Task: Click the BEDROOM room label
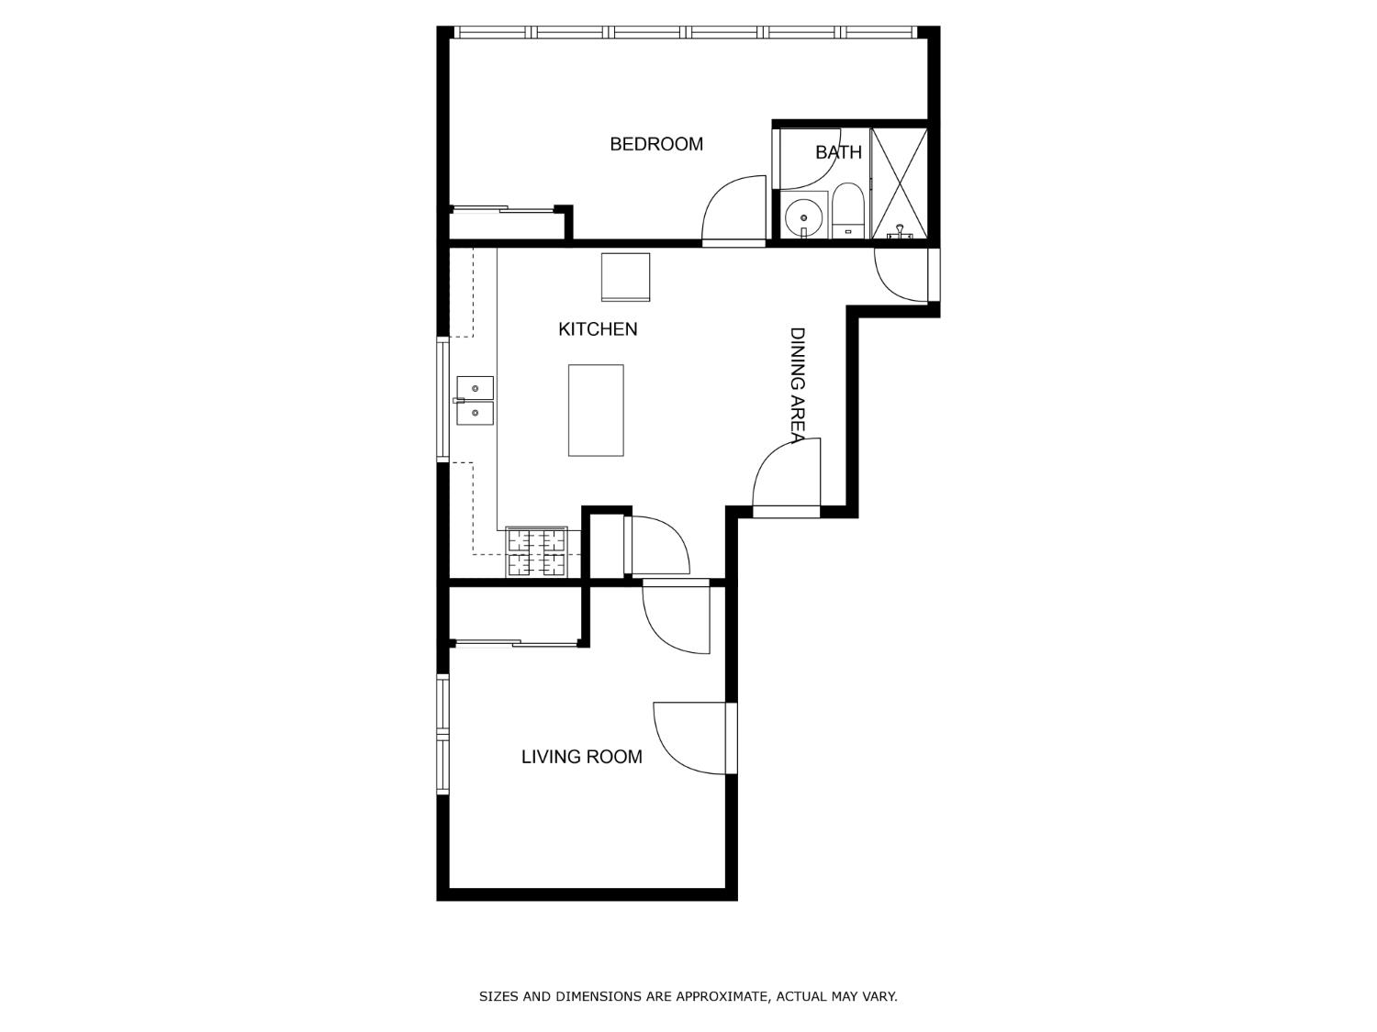(656, 144)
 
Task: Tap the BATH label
(838, 152)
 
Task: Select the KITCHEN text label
(598, 329)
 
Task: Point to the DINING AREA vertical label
(797, 384)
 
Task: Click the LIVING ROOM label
(581, 757)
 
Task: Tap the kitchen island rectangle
(596, 410)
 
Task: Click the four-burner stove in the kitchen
(537, 552)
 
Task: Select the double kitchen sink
(476, 401)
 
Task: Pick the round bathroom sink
(804, 217)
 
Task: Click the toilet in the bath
(848, 211)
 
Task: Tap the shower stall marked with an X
(899, 183)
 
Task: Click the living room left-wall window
(442, 734)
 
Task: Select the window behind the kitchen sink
(442, 399)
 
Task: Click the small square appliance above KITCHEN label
(625, 276)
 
